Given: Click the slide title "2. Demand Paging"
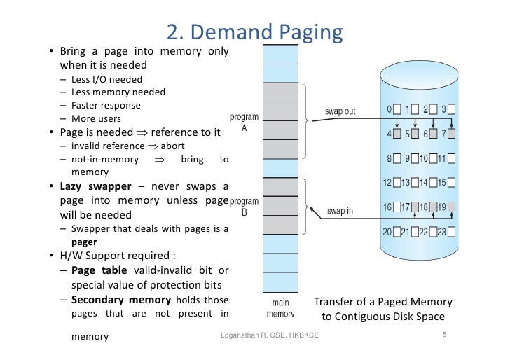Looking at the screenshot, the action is (x=255, y=32).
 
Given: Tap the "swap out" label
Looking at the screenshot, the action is (x=340, y=111).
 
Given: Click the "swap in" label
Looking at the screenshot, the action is (x=340, y=211).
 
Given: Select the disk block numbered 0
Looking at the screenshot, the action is (x=397, y=109).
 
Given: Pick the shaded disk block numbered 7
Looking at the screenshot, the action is (x=451, y=134).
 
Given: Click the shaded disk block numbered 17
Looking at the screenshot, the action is (x=415, y=207).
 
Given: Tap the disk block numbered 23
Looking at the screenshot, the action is (x=451, y=232).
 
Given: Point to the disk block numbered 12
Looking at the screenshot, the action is (x=397, y=182).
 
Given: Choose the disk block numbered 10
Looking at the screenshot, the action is (x=433, y=158).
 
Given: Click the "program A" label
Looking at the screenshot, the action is (x=244, y=123).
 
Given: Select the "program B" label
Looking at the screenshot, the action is (x=244, y=207).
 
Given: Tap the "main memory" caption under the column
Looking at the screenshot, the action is (x=280, y=308).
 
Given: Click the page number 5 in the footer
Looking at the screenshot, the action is (x=444, y=334).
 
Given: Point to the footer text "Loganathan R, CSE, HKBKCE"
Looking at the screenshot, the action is (x=270, y=335).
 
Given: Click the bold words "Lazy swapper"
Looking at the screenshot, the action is (x=95, y=186).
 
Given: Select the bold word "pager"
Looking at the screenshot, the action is (x=84, y=242).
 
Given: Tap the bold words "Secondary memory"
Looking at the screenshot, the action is (x=121, y=300).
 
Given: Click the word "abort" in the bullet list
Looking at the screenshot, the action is (x=172, y=146).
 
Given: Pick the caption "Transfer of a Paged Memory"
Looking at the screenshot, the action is (x=383, y=302).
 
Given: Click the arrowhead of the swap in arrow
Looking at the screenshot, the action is (x=311, y=209).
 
